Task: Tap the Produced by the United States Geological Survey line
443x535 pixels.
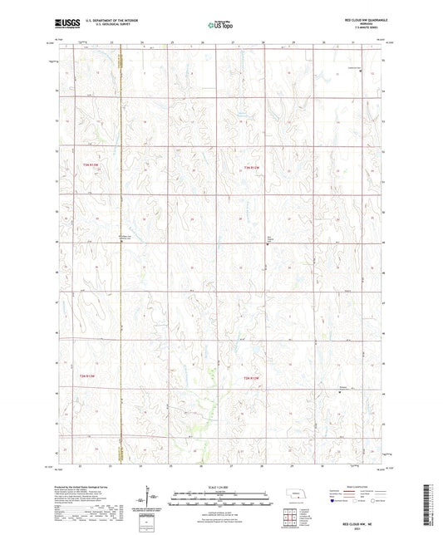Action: (91, 486)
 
